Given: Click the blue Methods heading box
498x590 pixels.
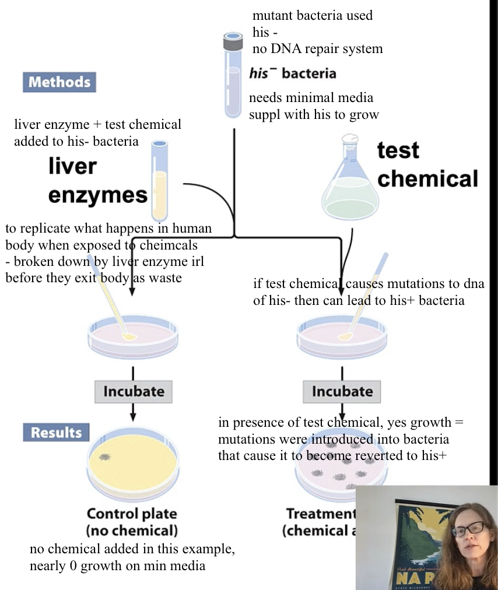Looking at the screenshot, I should tap(59, 82).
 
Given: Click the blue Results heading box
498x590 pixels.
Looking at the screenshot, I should tap(57, 433).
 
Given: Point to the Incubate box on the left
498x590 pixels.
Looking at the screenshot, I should tap(134, 391).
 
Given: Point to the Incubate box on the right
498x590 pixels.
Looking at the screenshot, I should tap(342, 391).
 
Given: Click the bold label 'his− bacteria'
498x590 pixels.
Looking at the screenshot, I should tap(293, 73).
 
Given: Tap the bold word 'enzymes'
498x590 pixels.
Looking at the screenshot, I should tap(98, 195).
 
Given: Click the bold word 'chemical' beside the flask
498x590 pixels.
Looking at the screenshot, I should tap(427, 178).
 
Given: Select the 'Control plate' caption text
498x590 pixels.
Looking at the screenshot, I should tap(132, 514).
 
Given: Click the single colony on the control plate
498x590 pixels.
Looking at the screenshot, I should tap(106, 457).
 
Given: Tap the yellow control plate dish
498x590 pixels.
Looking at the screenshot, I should tap(133, 466).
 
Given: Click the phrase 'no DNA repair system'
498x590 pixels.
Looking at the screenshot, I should tap(317, 48).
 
